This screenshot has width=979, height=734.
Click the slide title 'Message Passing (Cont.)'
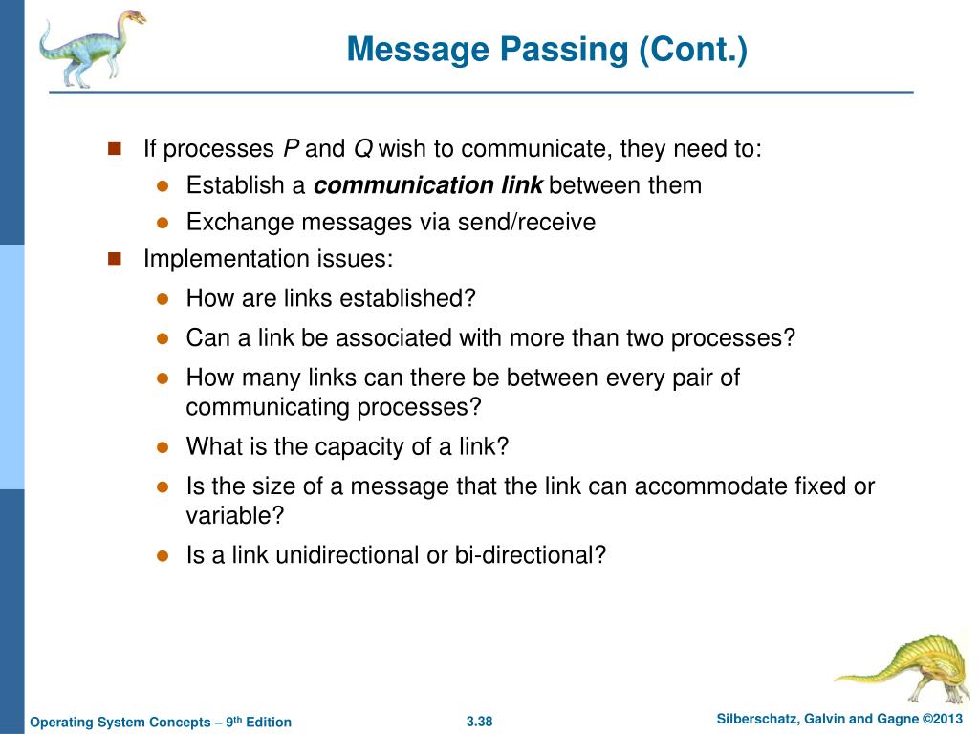[546, 49]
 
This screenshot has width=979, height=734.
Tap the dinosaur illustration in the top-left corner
[90, 48]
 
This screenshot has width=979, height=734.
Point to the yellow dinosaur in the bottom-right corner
[903, 663]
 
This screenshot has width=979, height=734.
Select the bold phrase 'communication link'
[428, 185]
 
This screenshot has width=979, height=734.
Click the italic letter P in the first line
[292, 149]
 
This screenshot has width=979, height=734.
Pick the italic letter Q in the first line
[363, 149]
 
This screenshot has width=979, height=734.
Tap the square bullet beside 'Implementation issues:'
[115, 259]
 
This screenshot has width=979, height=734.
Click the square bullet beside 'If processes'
[115, 148]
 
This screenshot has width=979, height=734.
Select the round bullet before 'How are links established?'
[163, 298]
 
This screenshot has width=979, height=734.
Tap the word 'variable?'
[235, 515]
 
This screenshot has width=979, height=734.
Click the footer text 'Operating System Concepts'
[122, 722]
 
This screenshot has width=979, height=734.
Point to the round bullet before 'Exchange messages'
[163, 223]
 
